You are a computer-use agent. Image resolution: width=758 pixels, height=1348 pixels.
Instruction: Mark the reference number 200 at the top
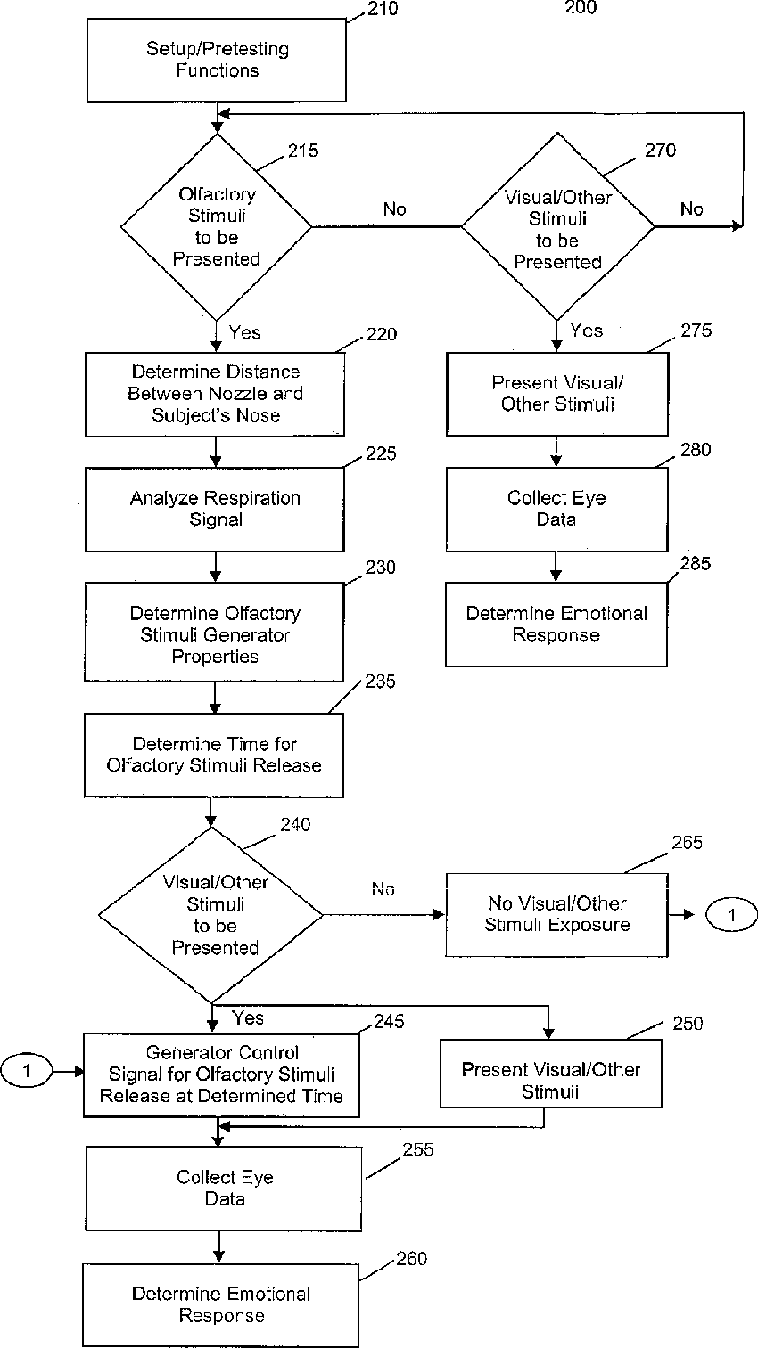point(581,7)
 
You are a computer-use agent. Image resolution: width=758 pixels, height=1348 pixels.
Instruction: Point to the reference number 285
point(696,563)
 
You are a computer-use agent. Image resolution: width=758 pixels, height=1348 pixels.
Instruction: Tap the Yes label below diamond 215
point(244,332)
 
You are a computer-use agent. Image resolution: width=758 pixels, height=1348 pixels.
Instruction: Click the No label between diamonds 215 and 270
point(395,208)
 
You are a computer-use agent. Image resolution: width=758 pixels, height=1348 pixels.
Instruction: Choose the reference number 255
point(418,1149)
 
